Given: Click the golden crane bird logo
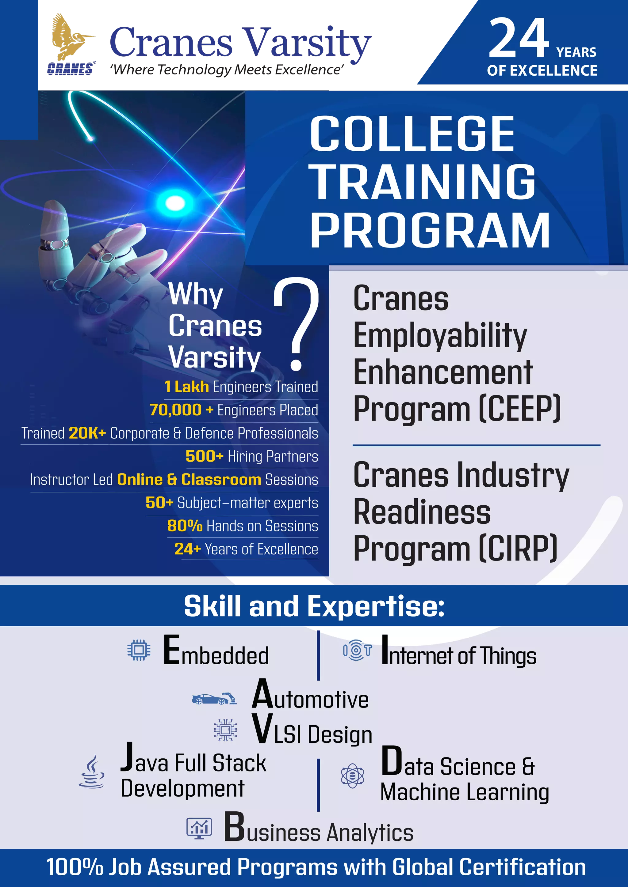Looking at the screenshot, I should [71, 37].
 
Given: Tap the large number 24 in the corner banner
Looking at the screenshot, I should [519, 39].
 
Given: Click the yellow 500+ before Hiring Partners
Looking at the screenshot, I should [204, 456].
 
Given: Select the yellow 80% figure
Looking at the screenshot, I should [185, 526].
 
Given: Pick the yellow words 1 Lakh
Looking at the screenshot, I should [186, 387].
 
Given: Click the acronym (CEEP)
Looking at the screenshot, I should [520, 409].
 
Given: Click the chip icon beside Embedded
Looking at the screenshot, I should [139, 650].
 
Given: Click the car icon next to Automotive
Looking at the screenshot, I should [214, 698].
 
